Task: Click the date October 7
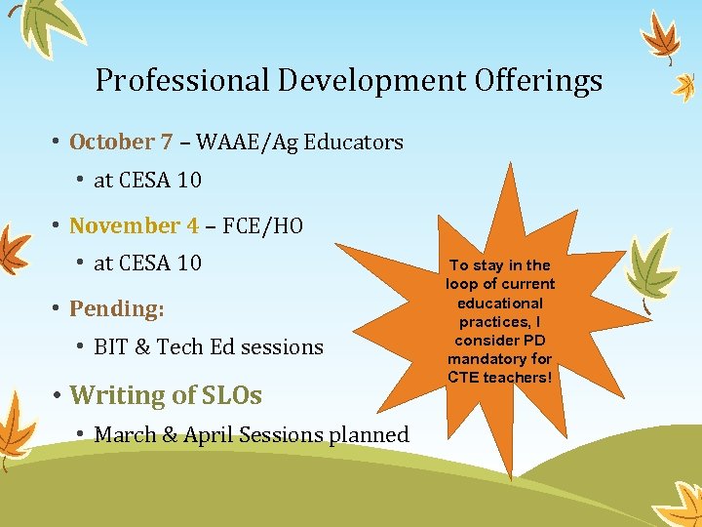(121, 142)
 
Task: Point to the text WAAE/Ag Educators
(299, 142)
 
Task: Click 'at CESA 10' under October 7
(147, 181)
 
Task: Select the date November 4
(134, 226)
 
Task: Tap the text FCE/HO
(262, 226)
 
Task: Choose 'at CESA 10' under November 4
(147, 263)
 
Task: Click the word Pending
(116, 309)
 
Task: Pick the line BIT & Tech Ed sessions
(208, 347)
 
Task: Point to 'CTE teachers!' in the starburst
(500, 377)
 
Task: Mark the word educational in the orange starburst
(500, 303)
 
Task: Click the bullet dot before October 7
(57, 142)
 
